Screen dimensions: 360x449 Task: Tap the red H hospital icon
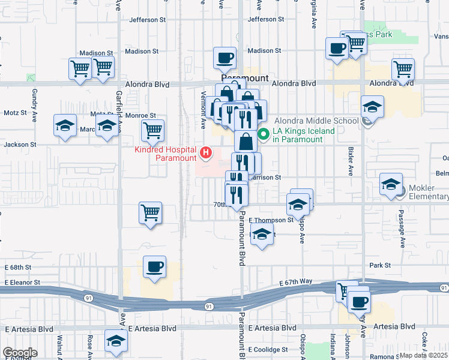[x=206, y=153]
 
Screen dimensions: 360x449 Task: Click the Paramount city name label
[x=245, y=79]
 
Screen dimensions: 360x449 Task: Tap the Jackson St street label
[x=20, y=145]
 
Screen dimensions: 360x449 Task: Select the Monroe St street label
[x=143, y=115]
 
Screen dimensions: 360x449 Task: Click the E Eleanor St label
[x=22, y=282]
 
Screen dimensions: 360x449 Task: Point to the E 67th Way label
[x=297, y=281]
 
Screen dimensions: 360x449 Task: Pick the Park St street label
[x=380, y=265]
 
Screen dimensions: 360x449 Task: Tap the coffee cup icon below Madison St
[x=225, y=58]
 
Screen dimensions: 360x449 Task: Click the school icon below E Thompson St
[x=262, y=235]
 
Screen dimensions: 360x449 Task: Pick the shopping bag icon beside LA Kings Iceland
[x=246, y=142]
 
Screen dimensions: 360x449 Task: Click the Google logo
[x=20, y=353]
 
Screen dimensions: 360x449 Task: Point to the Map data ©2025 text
[x=424, y=355]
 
